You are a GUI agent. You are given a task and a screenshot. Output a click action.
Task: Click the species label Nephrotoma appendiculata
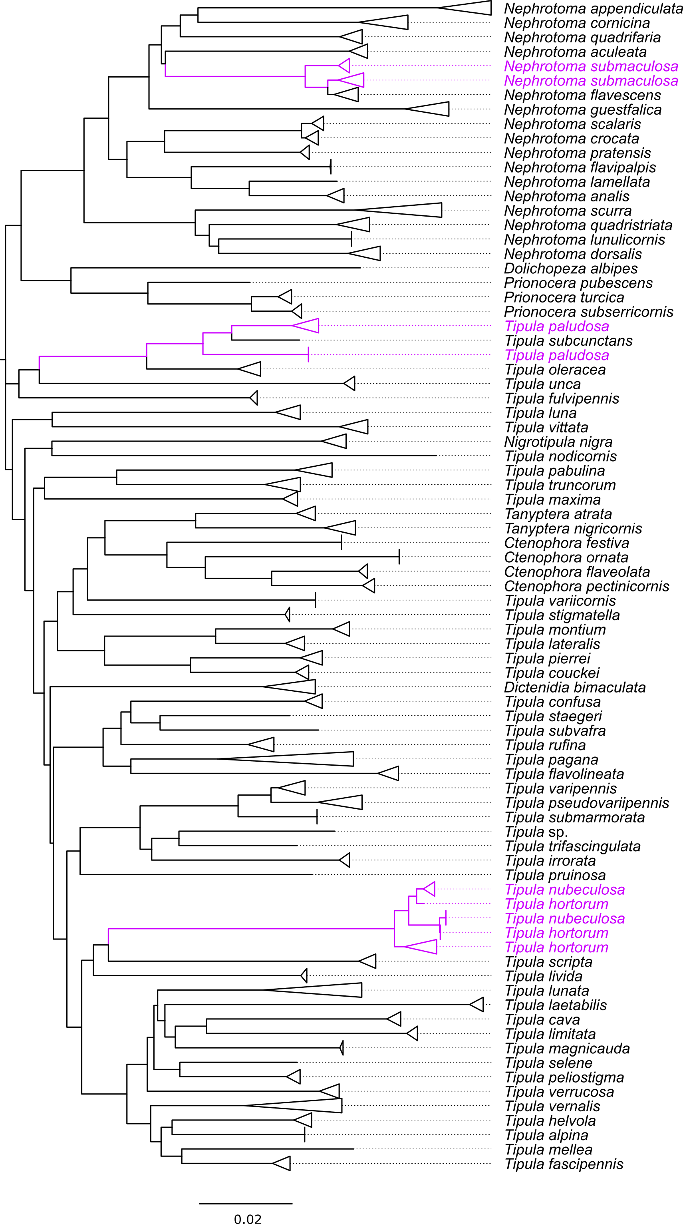(x=593, y=8)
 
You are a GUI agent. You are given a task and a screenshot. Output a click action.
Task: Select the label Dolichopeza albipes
(x=571, y=269)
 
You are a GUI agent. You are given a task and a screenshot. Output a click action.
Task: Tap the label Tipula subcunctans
(x=568, y=341)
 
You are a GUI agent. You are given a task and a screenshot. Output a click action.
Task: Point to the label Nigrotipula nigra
(x=558, y=442)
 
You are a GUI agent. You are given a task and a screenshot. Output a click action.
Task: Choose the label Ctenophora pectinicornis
(x=587, y=586)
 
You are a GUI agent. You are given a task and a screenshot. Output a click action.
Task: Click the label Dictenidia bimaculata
(x=575, y=688)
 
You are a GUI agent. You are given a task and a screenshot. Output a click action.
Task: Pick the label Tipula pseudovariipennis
(x=587, y=803)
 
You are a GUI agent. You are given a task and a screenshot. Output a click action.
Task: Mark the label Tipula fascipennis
(x=564, y=1164)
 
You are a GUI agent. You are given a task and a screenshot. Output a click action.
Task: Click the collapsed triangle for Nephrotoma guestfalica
(x=427, y=109)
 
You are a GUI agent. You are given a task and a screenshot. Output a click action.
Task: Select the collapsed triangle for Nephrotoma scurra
(x=399, y=210)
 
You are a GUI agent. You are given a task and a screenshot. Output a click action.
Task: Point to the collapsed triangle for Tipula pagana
(x=285, y=759)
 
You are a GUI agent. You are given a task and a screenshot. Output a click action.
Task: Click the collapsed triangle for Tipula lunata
(x=312, y=990)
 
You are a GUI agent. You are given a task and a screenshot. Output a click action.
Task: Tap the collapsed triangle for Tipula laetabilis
(x=477, y=1005)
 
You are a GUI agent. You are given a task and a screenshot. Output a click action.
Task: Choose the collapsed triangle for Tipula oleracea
(x=249, y=369)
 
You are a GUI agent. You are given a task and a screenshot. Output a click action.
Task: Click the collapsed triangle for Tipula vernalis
(x=294, y=1106)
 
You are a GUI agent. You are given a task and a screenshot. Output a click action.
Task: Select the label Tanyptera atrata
(x=558, y=514)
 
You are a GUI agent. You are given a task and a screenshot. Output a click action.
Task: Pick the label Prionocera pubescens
(x=578, y=283)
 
